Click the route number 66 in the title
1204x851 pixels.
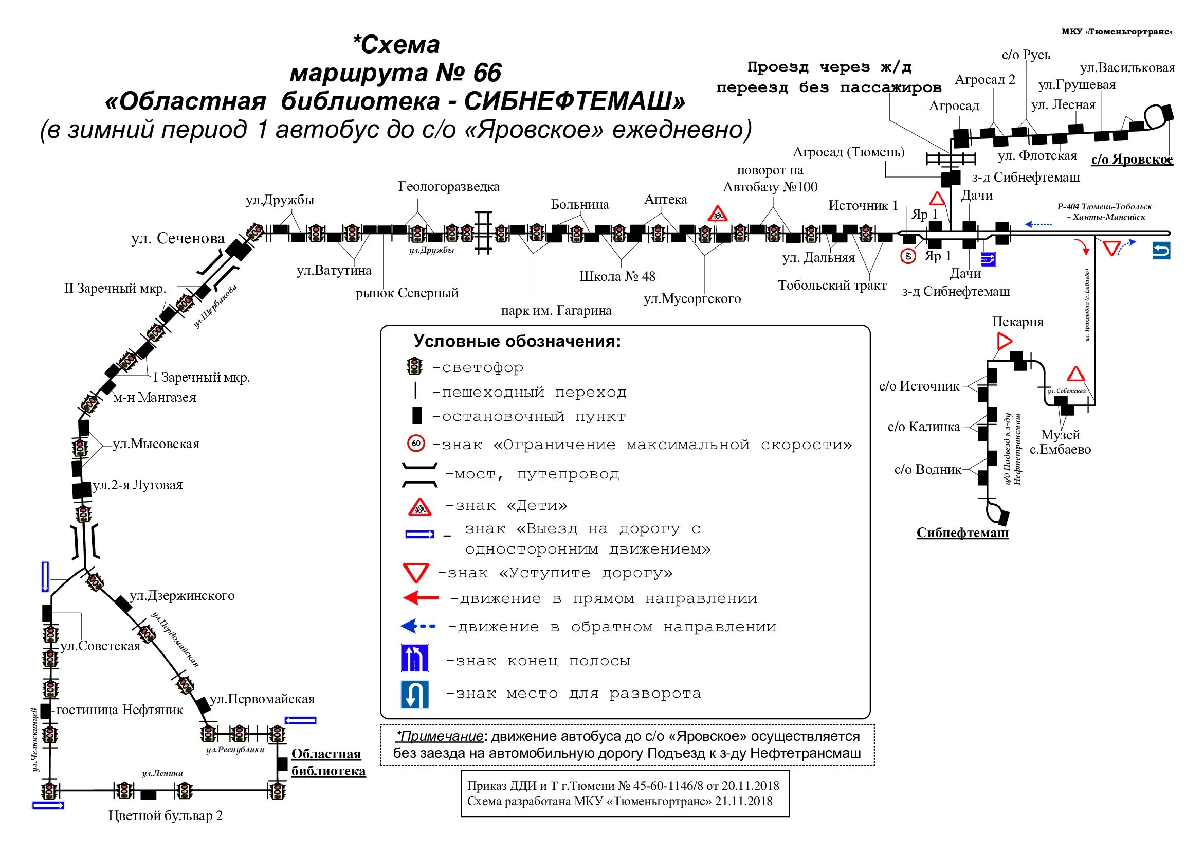[x=487, y=73]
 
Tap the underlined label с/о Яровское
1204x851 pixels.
[x=1132, y=159]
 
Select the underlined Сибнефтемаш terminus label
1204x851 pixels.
[x=962, y=533]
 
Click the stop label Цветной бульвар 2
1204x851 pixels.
[x=166, y=816]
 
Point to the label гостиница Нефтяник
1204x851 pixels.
[x=120, y=710]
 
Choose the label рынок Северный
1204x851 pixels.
[x=407, y=293]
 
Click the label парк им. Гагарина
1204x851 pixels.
[x=556, y=311]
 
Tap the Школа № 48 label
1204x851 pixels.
[x=617, y=276]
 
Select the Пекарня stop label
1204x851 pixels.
[x=1017, y=322]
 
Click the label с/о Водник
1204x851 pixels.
[x=927, y=470]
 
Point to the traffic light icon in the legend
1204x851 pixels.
[x=415, y=366]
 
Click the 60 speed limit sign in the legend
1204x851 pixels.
[x=416, y=444]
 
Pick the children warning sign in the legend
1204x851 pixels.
[x=419, y=507]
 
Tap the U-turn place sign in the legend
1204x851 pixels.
[x=415, y=694]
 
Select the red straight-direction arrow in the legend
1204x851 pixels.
[x=421, y=597]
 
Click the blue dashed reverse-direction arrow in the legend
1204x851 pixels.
[x=418, y=626]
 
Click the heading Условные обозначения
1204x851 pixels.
[x=517, y=342]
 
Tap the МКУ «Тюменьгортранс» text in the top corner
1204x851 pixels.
[x=1117, y=32]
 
